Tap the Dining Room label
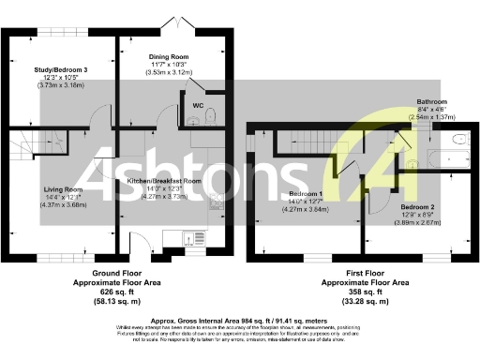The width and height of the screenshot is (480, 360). (x=170, y=56)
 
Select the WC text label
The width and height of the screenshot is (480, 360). (x=198, y=105)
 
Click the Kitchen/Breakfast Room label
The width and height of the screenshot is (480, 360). (x=165, y=181)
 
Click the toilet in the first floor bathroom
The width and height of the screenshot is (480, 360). (x=458, y=140)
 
